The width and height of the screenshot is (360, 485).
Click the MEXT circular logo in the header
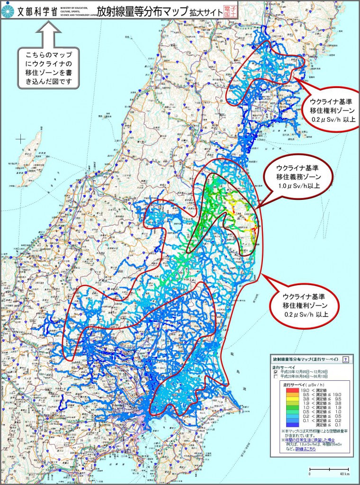click(8, 9)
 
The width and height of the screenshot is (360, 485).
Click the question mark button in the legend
click(346, 359)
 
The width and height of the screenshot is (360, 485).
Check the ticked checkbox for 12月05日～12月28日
click(276, 372)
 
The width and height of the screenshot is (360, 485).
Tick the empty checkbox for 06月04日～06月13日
click(276, 377)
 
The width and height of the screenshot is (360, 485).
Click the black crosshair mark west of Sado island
click(20, 139)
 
